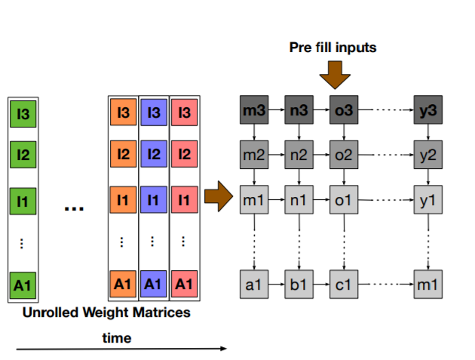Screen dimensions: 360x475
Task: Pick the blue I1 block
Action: (154, 202)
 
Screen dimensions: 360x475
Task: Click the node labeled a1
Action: (254, 285)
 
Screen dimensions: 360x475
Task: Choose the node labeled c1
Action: (344, 285)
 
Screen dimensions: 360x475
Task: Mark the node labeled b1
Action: (299, 285)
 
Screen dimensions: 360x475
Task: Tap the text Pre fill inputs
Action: (332, 48)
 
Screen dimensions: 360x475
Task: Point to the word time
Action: (117, 338)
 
